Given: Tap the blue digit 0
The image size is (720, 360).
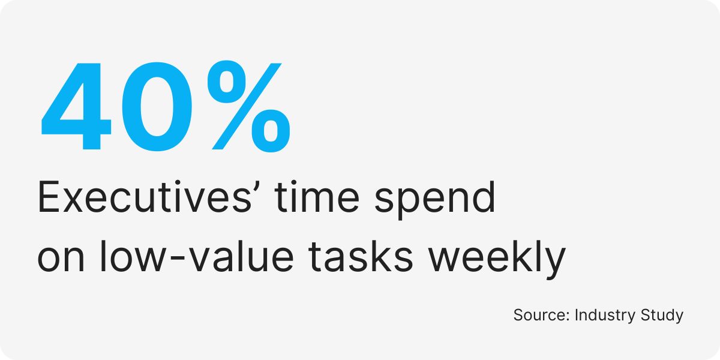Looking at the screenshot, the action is pyautogui.click(x=157, y=107).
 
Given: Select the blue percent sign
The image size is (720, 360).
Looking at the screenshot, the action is pyautogui.click(x=249, y=107).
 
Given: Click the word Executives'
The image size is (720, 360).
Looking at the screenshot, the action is pyautogui.click(x=145, y=197).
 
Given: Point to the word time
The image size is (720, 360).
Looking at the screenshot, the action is pyautogui.click(x=317, y=197).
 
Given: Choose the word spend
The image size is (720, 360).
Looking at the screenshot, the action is pyautogui.click(x=435, y=200).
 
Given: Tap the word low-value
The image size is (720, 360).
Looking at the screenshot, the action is pyautogui.click(x=197, y=257).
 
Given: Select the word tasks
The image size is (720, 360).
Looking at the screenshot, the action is pyautogui.click(x=361, y=257).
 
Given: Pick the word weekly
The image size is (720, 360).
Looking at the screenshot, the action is pyautogui.click(x=497, y=260).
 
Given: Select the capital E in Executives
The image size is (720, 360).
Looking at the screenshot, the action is pyautogui.click(x=49, y=197).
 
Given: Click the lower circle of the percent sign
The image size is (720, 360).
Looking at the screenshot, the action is pyautogui.click(x=271, y=131).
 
